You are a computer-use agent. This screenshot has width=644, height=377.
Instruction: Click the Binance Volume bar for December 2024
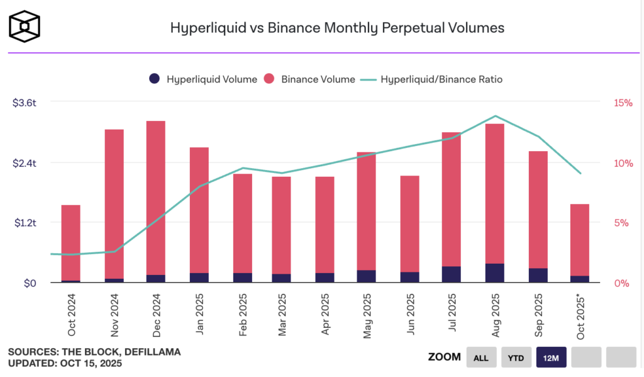click(155, 195)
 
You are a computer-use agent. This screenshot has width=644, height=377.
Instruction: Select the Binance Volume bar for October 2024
click(70, 242)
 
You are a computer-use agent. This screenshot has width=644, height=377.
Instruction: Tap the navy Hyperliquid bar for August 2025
click(495, 273)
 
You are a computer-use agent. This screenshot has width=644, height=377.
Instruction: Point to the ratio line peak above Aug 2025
click(496, 116)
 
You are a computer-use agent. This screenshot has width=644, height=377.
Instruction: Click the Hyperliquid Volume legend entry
click(203, 79)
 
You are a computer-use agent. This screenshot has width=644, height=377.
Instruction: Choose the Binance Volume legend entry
click(310, 79)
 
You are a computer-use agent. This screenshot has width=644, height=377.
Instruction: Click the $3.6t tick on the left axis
click(25, 103)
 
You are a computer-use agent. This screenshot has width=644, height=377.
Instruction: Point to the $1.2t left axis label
click(25, 223)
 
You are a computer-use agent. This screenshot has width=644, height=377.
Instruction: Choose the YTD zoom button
click(516, 357)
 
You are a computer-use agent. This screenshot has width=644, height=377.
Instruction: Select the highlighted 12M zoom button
click(552, 357)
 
